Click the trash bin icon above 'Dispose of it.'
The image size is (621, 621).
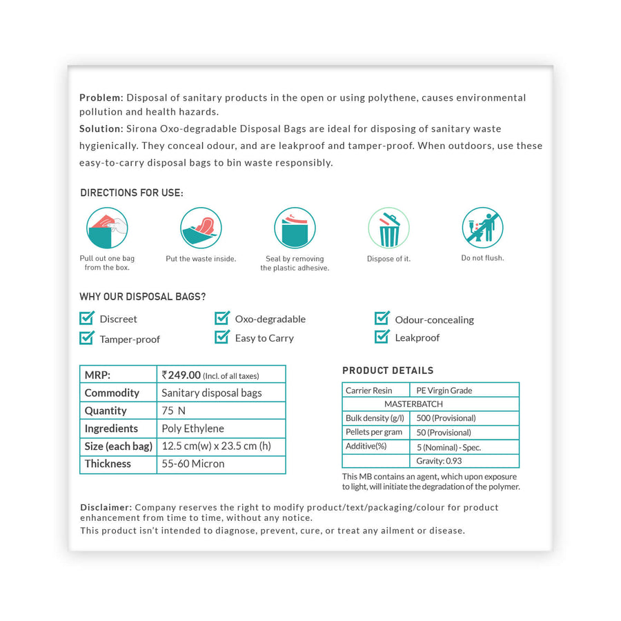388,228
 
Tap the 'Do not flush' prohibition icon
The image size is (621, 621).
482,228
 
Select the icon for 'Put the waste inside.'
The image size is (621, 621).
201,228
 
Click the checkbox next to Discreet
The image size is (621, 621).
87,318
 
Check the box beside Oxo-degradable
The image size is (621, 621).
222,318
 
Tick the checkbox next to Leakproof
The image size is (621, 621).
382,337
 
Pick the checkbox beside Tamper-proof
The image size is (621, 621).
87,337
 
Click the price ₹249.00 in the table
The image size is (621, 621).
181,375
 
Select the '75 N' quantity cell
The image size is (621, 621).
174,411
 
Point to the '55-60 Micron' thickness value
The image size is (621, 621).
193,464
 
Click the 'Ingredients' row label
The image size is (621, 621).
111,428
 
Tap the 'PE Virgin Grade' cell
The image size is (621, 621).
443,391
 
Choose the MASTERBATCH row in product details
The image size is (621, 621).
413,404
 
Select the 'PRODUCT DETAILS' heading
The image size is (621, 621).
388,371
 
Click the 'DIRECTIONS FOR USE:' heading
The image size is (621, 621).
132,193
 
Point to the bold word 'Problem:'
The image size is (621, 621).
101,98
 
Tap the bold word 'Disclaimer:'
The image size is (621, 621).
106,507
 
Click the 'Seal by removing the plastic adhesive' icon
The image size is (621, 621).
295,228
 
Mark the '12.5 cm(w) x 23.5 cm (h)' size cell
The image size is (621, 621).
216,446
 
